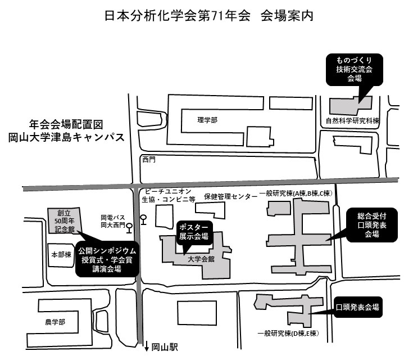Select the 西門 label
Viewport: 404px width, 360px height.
[148, 160]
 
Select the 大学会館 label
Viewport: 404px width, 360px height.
[202, 259]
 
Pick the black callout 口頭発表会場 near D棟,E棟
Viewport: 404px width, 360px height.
[357, 307]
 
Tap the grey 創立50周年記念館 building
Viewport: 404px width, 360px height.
[61, 221]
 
